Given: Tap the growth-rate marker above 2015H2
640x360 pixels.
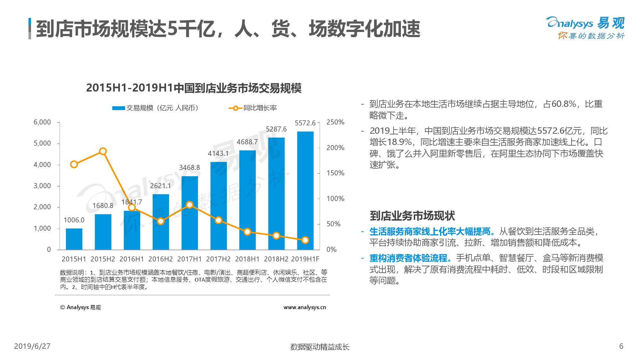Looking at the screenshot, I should [103, 151].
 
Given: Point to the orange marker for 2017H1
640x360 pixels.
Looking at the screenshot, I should [189, 205].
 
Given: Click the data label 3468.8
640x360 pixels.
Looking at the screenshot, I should [189, 167].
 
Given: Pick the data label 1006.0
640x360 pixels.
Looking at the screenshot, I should [74, 220].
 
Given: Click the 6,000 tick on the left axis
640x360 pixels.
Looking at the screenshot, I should [42, 122].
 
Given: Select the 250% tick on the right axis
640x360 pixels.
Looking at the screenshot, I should [335, 122].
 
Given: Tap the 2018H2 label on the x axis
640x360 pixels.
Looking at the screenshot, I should [276, 259].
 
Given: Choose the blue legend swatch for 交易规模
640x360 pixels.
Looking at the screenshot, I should [118, 108].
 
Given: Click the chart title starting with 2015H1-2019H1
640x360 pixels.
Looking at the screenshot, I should [194, 88].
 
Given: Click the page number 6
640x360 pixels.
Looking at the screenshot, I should [621, 346].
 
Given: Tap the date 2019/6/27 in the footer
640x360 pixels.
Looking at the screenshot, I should [32, 346].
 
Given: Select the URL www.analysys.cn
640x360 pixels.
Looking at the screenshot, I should [305, 307].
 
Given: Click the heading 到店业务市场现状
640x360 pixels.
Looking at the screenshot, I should [412, 216].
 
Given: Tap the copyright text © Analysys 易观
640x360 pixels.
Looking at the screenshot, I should [80, 307].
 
